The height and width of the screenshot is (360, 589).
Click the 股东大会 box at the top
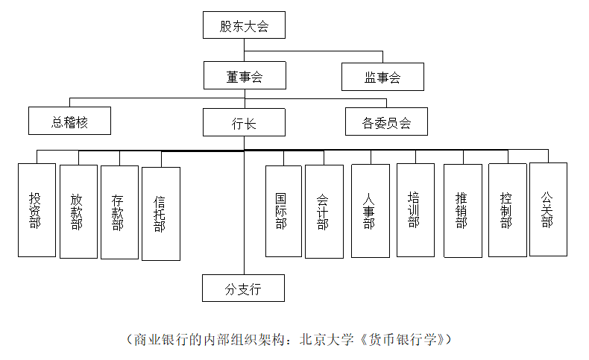click(x=244, y=26)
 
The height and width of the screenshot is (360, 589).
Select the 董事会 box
click(x=245, y=76)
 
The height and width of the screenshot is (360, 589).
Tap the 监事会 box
click(x=382, y=77)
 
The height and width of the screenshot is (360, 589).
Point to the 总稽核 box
click(x=69, y=121)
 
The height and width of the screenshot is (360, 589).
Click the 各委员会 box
click(x=386, y=121)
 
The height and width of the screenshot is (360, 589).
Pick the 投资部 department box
click(x=37, y=210)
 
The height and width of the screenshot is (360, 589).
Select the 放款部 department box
click(x=78, y=212)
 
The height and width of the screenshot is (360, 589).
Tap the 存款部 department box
click(x=119, y=212)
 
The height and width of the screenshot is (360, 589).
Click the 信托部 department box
click(x=160, y=214)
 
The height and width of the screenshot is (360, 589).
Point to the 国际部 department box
click(x=283, y=211)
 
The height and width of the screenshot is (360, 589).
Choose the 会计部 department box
click(x=324, y=212)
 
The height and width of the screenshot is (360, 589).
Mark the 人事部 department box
click(x=370, y=211)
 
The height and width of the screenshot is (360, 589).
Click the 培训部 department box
click(x=415, y=210)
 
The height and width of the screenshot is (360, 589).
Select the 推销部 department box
click(x=462, y=211)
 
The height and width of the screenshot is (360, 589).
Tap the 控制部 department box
click(x=508, y=211)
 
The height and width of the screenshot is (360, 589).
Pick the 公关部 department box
click(x=548, y=209)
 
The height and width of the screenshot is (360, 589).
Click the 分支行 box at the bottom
click(x=243, y=288)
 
